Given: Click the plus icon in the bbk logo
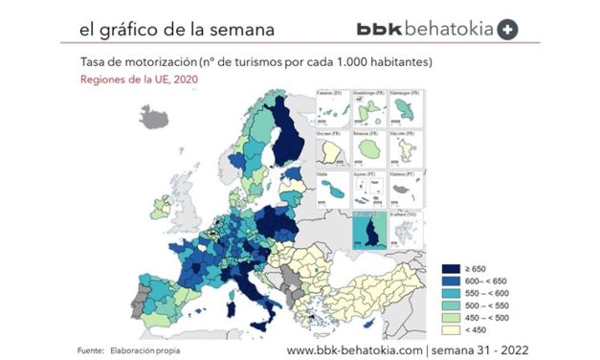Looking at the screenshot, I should click(x=509, y=29).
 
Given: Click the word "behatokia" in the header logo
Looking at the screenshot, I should click(x=450, y=29).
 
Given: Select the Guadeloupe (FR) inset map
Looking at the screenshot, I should click(x=370, y=109).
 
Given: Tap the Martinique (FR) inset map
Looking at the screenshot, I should click(x=407, y=109).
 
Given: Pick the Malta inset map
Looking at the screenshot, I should click(x=333, y=189).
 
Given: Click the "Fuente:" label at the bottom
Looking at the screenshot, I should click(x=91, y=351).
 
